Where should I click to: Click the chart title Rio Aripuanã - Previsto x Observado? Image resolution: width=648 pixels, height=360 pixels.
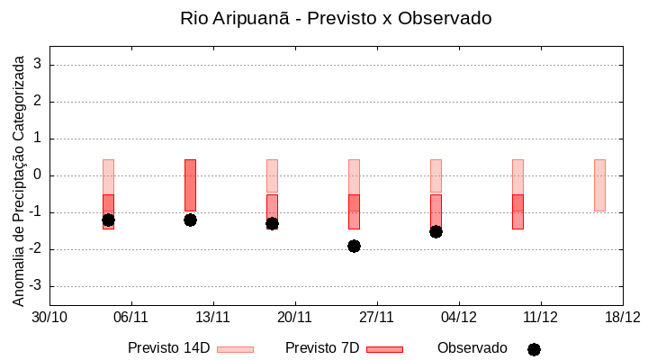[336, 19]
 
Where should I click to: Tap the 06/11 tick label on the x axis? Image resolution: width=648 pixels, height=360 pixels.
[130, 317]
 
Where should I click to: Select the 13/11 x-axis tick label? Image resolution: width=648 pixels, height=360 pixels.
[212, 317]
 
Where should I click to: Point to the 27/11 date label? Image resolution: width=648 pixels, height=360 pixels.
[376, 317]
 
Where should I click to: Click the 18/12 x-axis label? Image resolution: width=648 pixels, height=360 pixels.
[622, 317]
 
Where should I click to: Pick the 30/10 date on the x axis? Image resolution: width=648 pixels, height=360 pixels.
[49, 317]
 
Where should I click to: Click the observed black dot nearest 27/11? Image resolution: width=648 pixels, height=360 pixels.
[354, 246]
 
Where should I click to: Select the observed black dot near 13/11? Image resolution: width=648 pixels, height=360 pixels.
[190, 220]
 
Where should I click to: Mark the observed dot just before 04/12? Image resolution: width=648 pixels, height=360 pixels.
[436, 231]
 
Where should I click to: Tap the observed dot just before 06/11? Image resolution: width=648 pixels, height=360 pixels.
[108, 220]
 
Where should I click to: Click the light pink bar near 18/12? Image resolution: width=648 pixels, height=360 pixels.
[599, 184]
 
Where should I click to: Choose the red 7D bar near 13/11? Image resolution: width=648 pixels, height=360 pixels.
[190, 184]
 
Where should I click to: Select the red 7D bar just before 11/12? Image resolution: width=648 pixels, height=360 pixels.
[517, 211]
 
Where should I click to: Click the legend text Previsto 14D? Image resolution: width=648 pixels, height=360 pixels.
[168, 348]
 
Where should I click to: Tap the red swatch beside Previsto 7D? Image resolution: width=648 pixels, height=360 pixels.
[384, 349]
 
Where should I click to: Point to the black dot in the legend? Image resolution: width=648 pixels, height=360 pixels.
[534, 349]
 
